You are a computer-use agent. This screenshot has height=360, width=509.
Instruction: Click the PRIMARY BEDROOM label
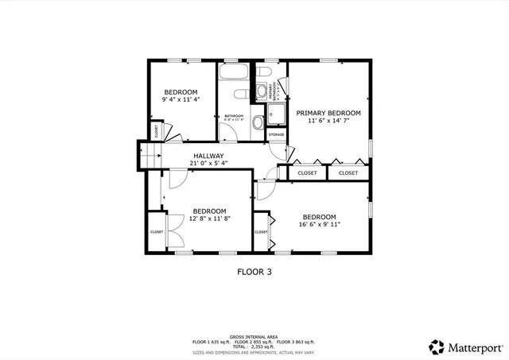(334, 114)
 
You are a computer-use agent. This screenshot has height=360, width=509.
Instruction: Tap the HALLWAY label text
(208, 156)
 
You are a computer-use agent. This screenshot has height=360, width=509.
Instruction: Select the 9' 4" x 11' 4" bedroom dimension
(181, 100)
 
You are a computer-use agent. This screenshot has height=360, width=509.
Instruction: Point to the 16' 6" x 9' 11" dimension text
(319, 225)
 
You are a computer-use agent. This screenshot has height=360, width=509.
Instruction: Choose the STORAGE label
(276, 135)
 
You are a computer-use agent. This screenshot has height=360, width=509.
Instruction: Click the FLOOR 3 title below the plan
(254, 271)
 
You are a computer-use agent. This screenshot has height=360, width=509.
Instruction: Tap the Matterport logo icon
(437, 346)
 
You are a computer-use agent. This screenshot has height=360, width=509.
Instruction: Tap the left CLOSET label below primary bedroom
(307, 172)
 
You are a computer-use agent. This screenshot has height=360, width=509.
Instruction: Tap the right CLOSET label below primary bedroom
(348, 172)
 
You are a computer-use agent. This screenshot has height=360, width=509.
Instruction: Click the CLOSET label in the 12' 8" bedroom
(157, 232)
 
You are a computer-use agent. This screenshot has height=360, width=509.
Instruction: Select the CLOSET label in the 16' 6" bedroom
(261, 232)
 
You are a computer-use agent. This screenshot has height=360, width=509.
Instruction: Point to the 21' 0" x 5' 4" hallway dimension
(208, 164)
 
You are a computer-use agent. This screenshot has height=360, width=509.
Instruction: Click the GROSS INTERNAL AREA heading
(254, 336)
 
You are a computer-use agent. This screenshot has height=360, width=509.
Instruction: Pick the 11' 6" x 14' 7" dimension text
(334, 122)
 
